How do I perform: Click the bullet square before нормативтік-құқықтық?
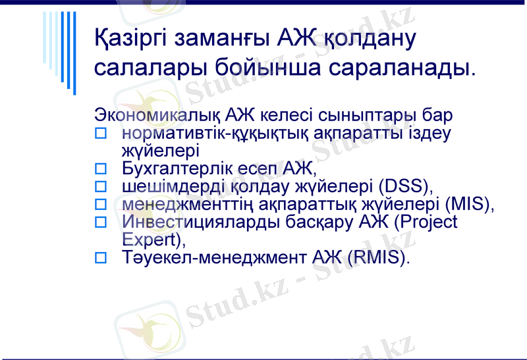(x=101, y=134)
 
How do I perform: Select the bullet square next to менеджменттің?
(x=101, y=205)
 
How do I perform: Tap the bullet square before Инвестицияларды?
(x=101, y=222)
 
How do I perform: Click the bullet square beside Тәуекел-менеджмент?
(x=101, y=257)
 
